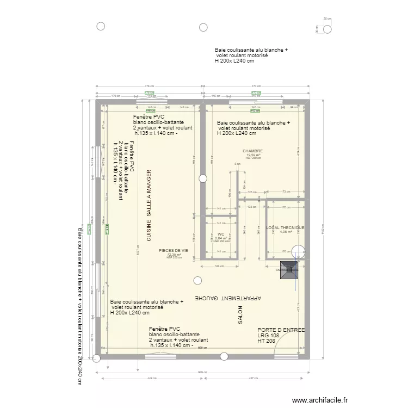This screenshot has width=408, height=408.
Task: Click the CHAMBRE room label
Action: (x=253, y=151)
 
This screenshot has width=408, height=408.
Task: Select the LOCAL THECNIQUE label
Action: (x=285, y=227)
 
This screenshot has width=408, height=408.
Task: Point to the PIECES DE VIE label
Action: (x=174, y=251)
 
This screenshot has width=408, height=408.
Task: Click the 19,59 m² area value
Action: (x=253, y=155)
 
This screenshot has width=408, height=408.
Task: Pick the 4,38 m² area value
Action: (x=285, y=232)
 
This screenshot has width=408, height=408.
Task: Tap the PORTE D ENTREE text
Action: (x=281, y=330)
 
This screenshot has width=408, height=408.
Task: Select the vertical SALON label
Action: (x=239, y=315)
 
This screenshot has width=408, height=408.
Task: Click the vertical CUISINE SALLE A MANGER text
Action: (x=149, y=206)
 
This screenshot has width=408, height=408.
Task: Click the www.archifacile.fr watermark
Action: (x=319, y=400)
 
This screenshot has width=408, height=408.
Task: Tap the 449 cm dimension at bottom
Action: (x=149, y=378)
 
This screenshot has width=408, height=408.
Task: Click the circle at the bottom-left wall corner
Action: (x=97, y=357)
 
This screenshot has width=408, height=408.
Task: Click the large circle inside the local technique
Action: (x=298, y=251)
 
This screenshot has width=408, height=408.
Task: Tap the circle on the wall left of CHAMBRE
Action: (x=203, y=178)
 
